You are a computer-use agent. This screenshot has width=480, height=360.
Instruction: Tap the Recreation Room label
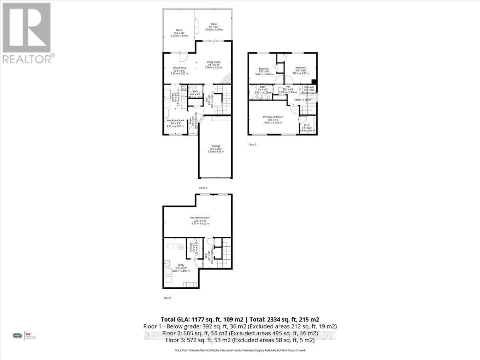click(200, 218)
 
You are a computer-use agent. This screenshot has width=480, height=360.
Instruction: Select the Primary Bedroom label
click(273, 117)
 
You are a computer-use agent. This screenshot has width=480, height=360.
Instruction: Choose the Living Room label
click(213, 62)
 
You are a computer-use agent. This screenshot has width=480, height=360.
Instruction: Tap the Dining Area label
click(179, 68)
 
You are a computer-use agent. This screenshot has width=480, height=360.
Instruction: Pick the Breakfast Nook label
click(175, 120)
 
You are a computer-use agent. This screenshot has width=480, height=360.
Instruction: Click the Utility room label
click(181, 265)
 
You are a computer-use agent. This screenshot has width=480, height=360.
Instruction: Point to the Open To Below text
click(303, 100)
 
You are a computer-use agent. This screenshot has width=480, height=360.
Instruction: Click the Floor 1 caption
click(167, 298)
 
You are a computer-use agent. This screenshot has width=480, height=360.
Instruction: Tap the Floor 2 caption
click(203, 188)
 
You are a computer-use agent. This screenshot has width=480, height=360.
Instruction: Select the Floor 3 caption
click(252, 144)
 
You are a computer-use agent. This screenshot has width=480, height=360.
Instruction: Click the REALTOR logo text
click(28, 59)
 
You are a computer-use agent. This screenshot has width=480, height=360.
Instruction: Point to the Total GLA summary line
click(240, 319)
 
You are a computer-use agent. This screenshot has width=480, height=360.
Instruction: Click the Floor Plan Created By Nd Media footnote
click(240, 350)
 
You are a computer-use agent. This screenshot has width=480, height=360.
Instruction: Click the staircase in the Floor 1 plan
click(226, 253)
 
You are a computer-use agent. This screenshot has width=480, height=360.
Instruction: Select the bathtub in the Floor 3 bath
click(254, 90)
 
